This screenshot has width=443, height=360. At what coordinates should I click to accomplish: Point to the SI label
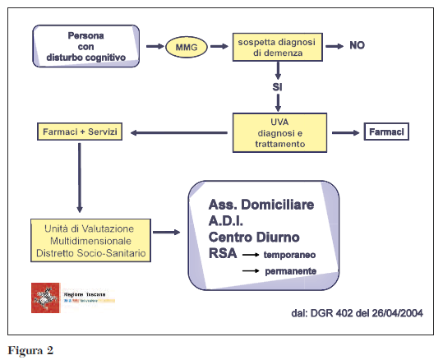click(x=278, y=86)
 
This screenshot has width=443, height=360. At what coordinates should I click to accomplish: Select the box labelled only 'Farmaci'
click(x=385, y=132)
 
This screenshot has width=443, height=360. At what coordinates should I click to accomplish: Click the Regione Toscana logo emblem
click(x=46, y=297)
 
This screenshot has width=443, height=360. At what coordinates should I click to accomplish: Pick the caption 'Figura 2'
click(x=30, y=350)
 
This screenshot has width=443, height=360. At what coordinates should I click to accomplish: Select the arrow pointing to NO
click(x=333, y=47)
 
